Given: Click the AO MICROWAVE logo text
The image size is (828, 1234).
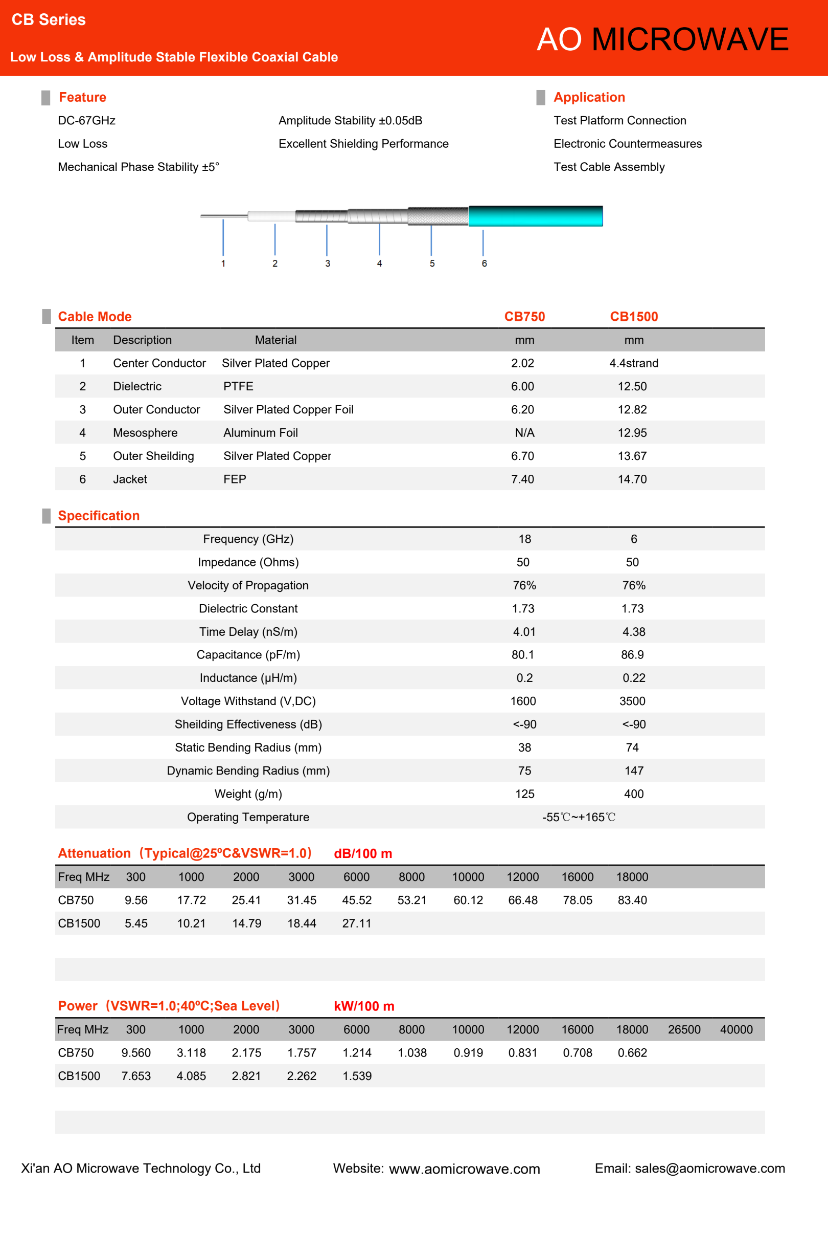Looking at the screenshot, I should click(662, 39).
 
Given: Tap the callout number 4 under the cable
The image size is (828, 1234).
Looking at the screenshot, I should click(379, 263).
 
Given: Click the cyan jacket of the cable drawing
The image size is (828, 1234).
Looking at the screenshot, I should click(535, 216).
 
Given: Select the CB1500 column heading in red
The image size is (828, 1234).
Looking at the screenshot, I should click(634, 317).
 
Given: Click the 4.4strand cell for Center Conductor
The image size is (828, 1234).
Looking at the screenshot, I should click(634, 363).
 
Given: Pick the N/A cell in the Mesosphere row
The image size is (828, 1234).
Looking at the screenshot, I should click(524, 433).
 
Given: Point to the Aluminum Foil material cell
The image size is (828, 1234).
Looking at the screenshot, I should click(260, 433).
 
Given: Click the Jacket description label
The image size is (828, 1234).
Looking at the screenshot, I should click(130, 479).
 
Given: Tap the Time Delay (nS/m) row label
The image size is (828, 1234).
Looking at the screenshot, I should click(248, 631).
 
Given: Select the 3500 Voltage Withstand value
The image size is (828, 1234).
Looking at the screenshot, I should click(632, 701).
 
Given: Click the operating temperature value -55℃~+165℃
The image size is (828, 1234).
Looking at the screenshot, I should click(579, 817).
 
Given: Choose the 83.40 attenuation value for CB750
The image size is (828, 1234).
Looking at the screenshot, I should click(632, 900).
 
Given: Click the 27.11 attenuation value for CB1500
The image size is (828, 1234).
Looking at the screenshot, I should click(356, 923).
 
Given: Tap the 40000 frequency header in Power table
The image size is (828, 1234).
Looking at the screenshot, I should click(736, 1029).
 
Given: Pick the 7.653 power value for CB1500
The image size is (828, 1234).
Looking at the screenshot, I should click(136, 1076).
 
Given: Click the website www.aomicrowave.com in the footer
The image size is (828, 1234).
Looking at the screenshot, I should click(464, 1169).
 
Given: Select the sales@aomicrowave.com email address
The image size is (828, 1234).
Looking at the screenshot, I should click(710, 1169).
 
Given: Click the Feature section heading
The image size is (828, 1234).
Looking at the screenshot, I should click(82, 97).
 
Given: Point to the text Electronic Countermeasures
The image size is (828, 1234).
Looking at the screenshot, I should click(627, 144).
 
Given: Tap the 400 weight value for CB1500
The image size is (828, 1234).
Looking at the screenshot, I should click(634, 794).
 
